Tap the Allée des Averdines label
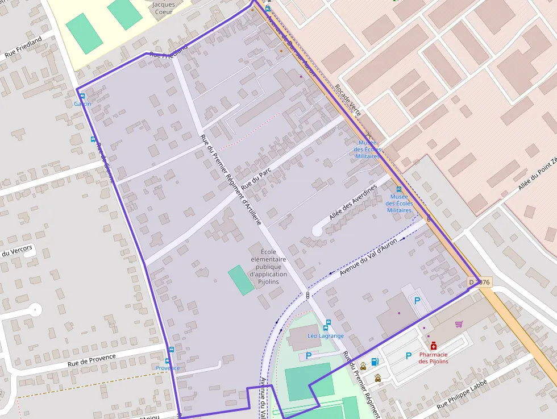pos(353,202)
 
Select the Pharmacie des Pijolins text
pos(434,358)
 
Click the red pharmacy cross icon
pos(433,346)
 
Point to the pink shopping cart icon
pos(459,324)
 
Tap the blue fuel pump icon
pos(375,361)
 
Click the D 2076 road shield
pos(479,282)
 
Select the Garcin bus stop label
pos(82,103)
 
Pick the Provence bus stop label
pos(168,368)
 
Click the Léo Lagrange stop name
pos(326,335)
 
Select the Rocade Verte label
pos(348,101)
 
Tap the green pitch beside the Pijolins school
pos(242,280)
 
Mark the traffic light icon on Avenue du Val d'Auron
pos(307,295)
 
